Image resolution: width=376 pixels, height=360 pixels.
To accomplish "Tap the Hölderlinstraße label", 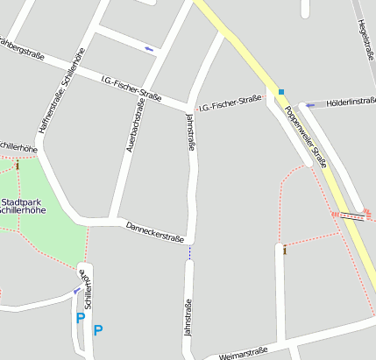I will tap(351, 102).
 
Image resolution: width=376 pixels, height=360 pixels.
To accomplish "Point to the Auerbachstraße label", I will tap(135, 125).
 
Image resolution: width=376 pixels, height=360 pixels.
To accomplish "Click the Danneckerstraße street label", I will tap(155, 231).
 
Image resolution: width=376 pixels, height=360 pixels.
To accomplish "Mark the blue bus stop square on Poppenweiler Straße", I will tap(281, 91).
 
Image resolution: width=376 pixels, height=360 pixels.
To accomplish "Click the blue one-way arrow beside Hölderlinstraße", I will tap(310, 105).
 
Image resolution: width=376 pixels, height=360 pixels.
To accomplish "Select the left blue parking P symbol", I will tap(81, 319).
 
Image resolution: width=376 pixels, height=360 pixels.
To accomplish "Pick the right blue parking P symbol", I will tap(98, 329).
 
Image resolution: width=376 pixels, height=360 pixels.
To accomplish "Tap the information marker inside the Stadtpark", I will tap(17, 165).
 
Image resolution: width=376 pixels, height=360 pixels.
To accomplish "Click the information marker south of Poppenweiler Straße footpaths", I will tap(285, 251).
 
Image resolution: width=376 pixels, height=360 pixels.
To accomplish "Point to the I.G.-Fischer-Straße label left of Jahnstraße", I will tap(131, 88).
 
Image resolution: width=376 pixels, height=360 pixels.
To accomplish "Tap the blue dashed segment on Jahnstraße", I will tap(188, 252).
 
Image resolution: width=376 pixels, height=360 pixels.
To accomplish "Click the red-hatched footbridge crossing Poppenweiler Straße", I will tap(351, 213).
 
